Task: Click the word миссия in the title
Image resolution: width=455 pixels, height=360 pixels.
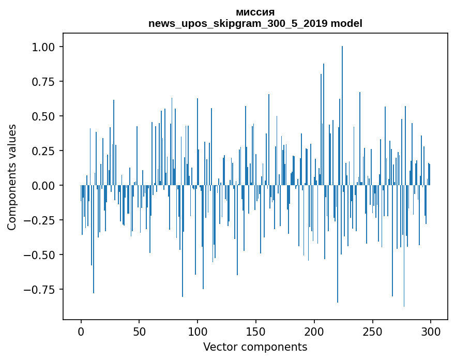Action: tap(255, 12)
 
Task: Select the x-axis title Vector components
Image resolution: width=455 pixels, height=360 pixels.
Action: tap(255, 347)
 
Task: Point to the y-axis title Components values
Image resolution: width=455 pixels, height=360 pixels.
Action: tap(12, 177)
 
